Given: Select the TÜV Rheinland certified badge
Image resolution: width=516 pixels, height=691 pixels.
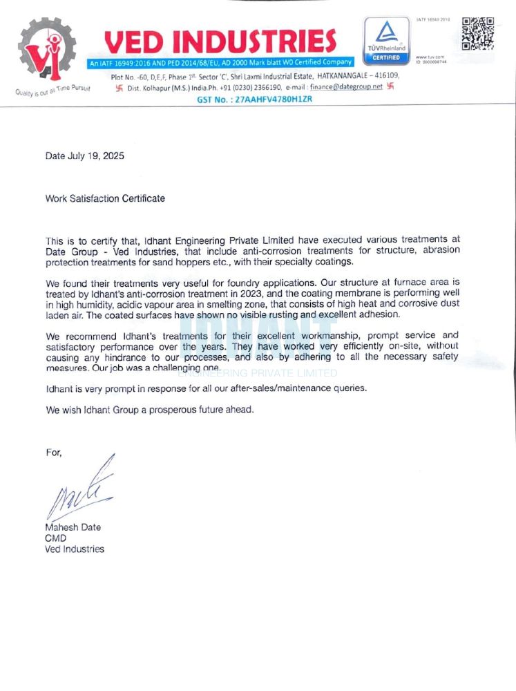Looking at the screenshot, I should [x=385, y=41].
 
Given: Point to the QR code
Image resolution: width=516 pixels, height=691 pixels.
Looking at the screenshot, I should [x=478, y=33].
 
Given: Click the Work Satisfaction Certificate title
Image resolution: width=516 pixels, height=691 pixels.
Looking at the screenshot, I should [x=105, y=198].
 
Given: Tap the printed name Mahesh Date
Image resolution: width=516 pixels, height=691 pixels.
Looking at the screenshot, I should [x=73, y=527].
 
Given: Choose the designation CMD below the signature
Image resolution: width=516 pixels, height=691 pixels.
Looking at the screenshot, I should [x=55, y=538].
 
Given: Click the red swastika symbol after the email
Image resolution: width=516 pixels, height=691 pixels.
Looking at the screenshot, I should [x=390, y=87].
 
